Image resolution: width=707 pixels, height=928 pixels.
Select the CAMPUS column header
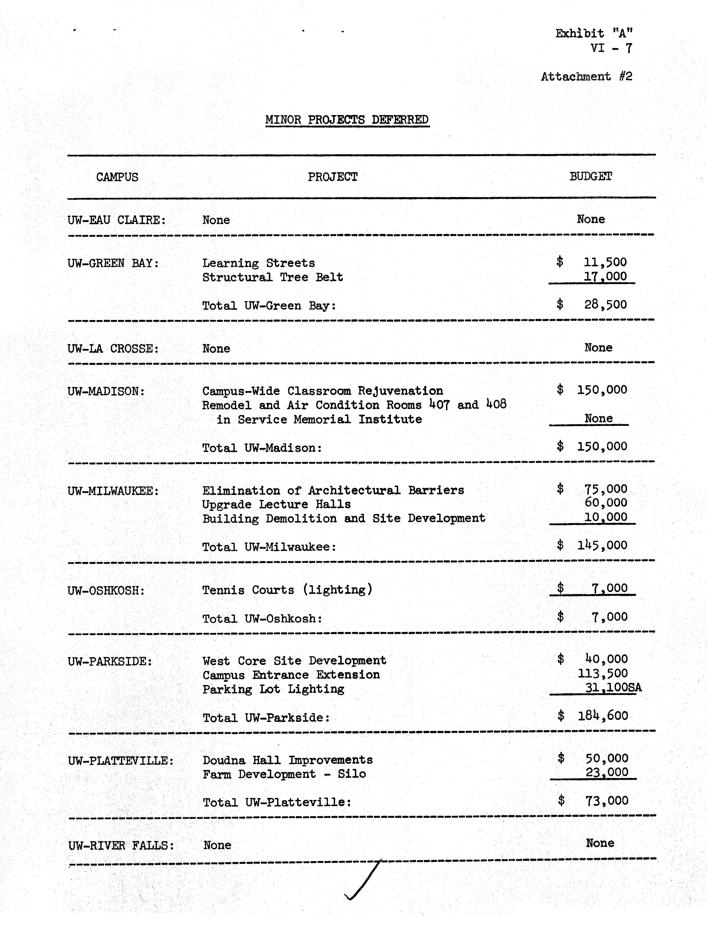(117, 177)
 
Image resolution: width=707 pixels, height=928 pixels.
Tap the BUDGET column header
(590, 177)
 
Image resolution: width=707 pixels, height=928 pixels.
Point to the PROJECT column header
(332, 177)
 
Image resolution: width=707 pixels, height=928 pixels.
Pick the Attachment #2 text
(586, 77)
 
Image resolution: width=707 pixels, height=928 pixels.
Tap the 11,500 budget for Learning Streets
(605, 262)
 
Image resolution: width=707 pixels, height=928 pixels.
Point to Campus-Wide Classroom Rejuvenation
(322, 391)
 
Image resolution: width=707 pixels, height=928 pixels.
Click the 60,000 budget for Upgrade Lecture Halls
(605, 502)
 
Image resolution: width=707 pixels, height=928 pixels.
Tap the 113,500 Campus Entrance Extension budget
(603, 674)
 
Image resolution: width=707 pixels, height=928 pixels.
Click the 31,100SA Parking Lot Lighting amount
(613, 688)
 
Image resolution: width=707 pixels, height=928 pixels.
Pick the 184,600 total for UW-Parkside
(603, 716)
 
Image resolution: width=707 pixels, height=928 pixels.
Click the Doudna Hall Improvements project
(287, 760)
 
